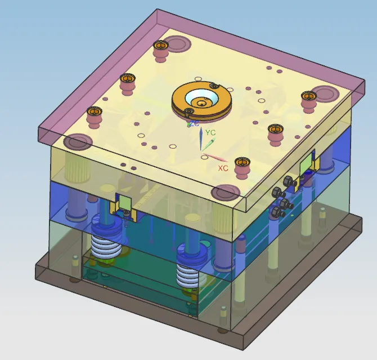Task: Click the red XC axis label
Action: (223, 168)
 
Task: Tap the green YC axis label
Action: (210, 132)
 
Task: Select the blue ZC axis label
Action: (194, 123)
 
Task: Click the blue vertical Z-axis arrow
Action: (201, 139)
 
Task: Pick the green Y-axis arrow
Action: (208, 144)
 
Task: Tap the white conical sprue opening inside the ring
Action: (201, 98)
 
